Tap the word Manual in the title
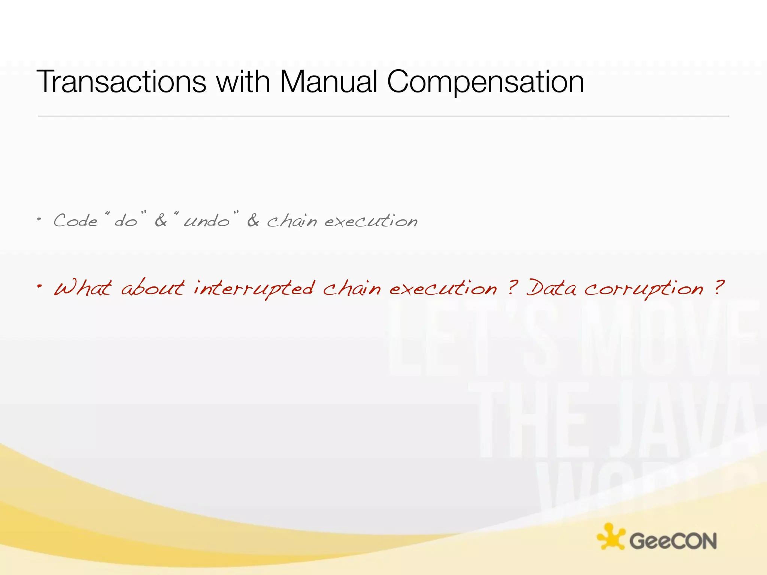(328, 82)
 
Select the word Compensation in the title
(485, 82)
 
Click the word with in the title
(243, 82)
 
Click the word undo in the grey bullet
(207, 221)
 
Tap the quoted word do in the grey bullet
(126, 221)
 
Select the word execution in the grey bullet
(371, 221)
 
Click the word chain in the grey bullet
(292, 221)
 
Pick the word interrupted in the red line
(254, 289)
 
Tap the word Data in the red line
(551, 289)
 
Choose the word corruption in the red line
(644, 289)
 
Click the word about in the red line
(153, 289)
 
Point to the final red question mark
(718, 287)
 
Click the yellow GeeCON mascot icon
(610, 536)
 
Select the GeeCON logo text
(673, 541)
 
